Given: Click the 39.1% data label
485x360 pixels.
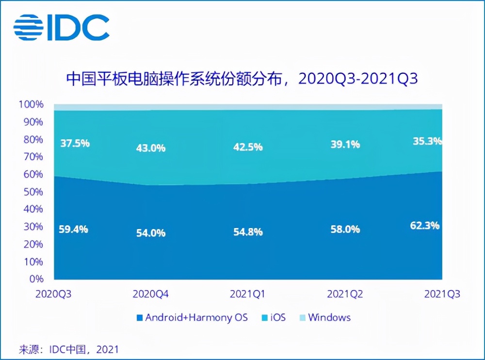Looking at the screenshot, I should click(345, 144).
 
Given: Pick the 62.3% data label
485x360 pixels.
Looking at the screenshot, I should click(425, 226).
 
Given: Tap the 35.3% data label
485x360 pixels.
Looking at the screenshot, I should click(427, 142).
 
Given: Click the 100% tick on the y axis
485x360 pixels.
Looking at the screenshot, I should click(31, 104).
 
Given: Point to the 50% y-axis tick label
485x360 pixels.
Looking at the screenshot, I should click(33, 192).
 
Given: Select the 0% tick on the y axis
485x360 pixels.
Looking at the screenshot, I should click(36, 279).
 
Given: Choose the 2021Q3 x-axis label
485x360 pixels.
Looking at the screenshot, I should click(441, 294).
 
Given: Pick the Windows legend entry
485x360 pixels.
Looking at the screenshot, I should click(324, 318).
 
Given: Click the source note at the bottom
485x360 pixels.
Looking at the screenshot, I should click(68, 349).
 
